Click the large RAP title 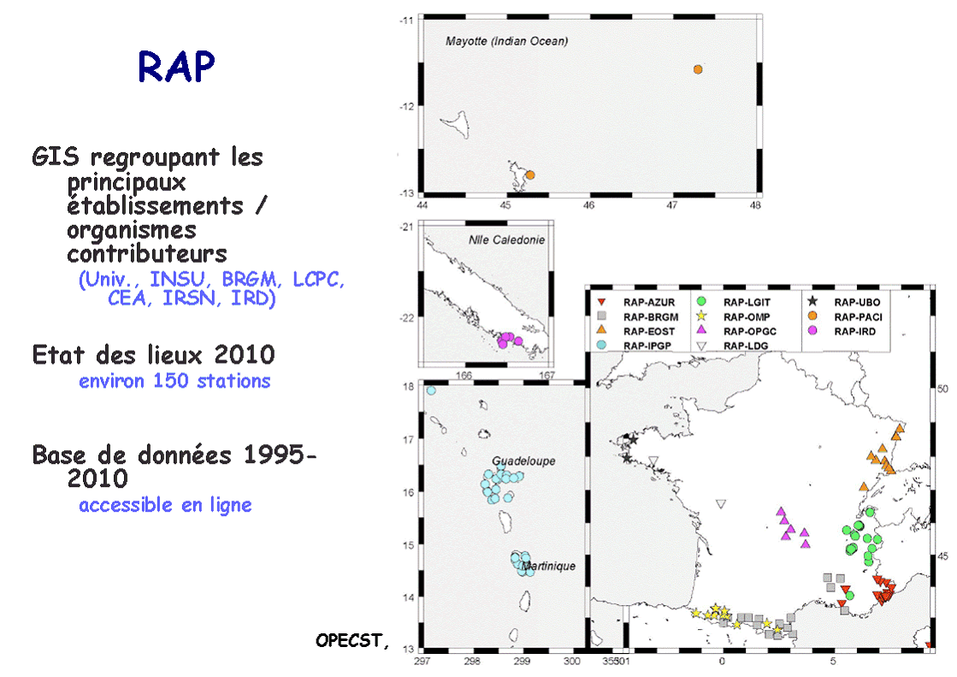point(176,66)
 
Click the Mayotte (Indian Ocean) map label point(506,42)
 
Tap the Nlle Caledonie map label point(506,241)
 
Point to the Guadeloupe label point(523,461)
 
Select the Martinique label point(549,566)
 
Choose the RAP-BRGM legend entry point(637,317)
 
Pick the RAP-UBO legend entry point(844,302)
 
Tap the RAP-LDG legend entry point(732,346)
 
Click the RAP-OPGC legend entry point(736,331)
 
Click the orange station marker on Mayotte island point(530,175)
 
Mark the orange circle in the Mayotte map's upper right point(698,69)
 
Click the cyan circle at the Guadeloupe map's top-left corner point(432,390)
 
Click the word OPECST point(351,640)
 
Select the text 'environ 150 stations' point(174,381)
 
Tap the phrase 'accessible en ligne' point(165,505)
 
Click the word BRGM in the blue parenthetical point(249,279)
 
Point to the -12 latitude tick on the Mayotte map point(406,107)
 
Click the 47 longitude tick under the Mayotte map point(671,205)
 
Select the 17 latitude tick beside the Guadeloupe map point(408,439)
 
